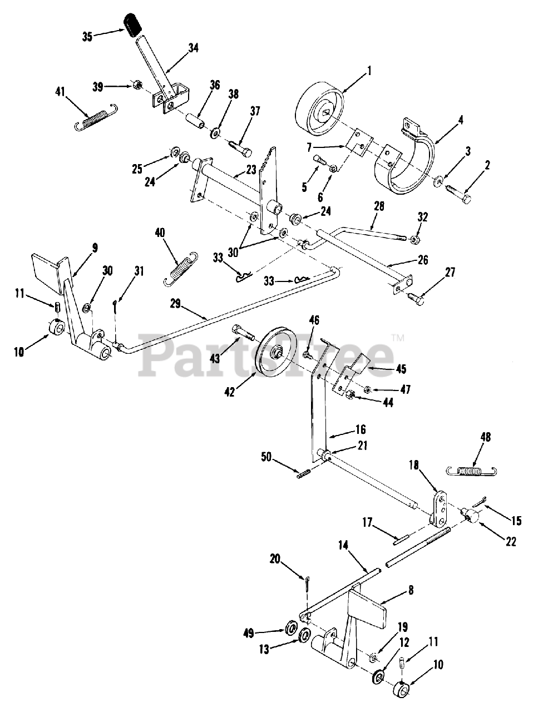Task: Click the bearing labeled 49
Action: click(x=290, y=629)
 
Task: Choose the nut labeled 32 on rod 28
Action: click(x=414, y=240)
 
